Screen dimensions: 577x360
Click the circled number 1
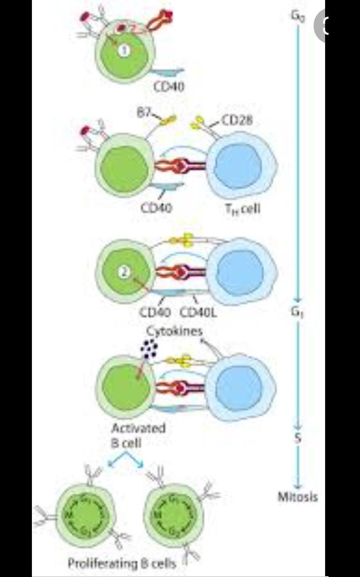(x=124, y=50)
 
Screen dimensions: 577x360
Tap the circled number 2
(x=123, y=273)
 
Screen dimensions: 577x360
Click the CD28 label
(x=237, y=121)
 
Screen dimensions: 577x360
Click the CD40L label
(x=198, y=313)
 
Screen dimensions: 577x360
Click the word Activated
(x=138, y=428)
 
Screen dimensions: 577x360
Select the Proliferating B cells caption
(x=122, y=563)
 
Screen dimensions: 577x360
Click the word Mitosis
(x=298, y=497)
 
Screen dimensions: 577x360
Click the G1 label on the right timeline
(x=297, y=312)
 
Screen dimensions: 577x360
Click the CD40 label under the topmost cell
(x=169, y=87)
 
